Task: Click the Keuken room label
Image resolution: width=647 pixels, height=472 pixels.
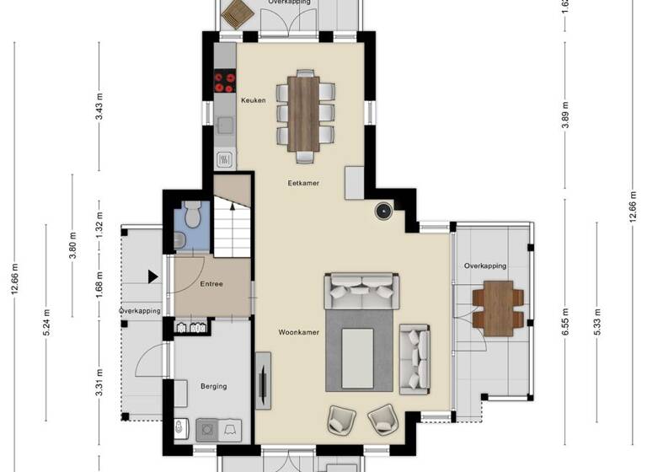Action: pos(253,100)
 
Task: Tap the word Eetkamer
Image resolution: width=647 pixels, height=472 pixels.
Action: pos(303,183)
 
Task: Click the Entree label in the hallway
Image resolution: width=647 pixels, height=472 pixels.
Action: pos(211,284)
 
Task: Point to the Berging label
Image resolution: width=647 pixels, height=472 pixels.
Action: pos(213,387)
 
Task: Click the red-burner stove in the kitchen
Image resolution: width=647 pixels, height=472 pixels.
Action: pos(225,82)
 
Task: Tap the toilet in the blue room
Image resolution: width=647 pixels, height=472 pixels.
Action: pos(192,216)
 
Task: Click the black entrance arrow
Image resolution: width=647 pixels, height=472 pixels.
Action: pos(152,276)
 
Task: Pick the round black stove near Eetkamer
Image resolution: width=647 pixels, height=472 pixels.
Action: pos(383,211)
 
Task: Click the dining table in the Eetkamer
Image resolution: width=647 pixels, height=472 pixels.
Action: pos(305,113)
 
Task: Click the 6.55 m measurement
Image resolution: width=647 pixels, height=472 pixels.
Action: pos(565,324)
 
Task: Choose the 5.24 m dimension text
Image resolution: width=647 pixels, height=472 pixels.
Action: pos(44,324)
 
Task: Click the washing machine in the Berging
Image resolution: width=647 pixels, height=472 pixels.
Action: pos(206,429)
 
